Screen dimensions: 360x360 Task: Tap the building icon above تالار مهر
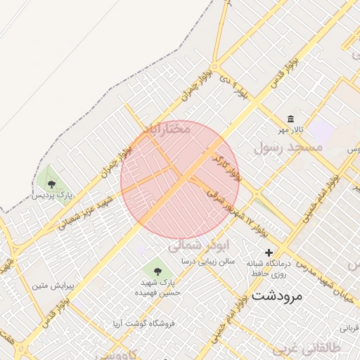click(290, 118)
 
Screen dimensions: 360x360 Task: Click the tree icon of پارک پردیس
click(51, 184)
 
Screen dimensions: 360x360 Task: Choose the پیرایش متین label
click(53, 286)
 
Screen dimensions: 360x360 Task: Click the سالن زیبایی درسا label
click(207, 261)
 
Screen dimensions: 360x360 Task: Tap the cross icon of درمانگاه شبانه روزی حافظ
click(268, 252)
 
